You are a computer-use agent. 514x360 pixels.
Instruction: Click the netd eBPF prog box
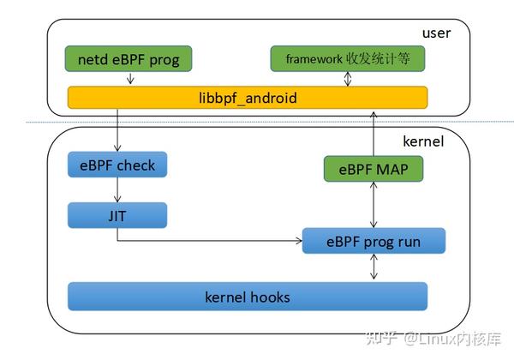pos(128,58)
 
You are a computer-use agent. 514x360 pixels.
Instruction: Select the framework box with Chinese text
pos(348,58)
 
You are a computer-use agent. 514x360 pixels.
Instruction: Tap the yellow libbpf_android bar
pos(248,98)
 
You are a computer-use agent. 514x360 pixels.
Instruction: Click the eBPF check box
pos(117,165)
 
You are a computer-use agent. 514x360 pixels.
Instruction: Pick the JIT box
pos(117,215)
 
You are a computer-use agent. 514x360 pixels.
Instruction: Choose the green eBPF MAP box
pos(374,169)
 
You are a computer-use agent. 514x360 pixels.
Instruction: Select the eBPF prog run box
pos(374,241)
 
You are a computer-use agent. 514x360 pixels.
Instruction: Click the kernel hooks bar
pos(248,297)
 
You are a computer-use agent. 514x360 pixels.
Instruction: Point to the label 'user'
pos(436,33)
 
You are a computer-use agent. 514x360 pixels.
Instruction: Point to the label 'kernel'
pos(423,141)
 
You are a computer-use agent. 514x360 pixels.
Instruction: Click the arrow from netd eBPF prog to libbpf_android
pos(130,78)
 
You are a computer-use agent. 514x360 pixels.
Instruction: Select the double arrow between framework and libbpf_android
pos(348,79)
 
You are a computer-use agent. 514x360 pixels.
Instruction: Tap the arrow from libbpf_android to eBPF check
pos(117,129)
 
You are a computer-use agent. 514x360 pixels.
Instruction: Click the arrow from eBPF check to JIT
pos(117,189)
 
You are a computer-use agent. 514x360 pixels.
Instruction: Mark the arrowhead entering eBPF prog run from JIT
pos(299,241)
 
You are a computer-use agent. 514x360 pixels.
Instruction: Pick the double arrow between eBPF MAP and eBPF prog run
pos(374,205)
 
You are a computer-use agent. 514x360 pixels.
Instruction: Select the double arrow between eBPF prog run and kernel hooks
pos(374,267)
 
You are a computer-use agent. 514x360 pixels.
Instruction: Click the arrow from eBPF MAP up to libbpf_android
pos(374,134)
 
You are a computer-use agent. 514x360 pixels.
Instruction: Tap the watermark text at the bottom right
pos(433,339)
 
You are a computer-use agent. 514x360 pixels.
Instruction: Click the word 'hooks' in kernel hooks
pos(271,297)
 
